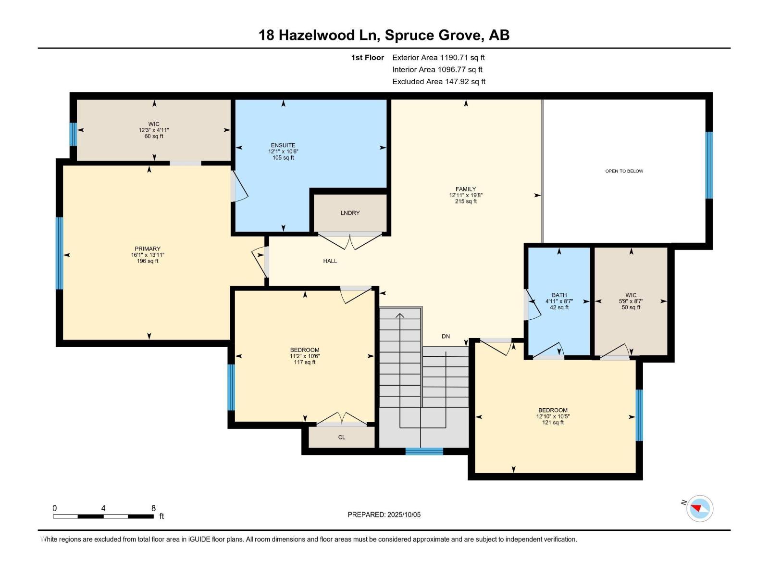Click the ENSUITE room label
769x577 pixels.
click(283, 145)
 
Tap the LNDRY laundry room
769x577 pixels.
click(350, 213)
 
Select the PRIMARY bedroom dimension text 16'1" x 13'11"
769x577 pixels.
click(148, 255)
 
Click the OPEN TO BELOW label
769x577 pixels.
click(624, 171)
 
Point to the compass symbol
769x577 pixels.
click(699, 508)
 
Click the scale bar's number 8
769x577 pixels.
click(153, 508)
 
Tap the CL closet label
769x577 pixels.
click(342, 437)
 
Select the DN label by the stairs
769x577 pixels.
click(446, 336)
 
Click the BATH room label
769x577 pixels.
click(559, 295)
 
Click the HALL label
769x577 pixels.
click(330, 261)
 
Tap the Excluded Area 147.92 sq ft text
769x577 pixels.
click(438, 82)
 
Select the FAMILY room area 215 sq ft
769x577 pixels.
click(465, 201)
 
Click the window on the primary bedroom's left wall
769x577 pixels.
click(60, 253)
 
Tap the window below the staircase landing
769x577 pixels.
click(424, 451)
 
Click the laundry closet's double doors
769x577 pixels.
click(350, 240)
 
